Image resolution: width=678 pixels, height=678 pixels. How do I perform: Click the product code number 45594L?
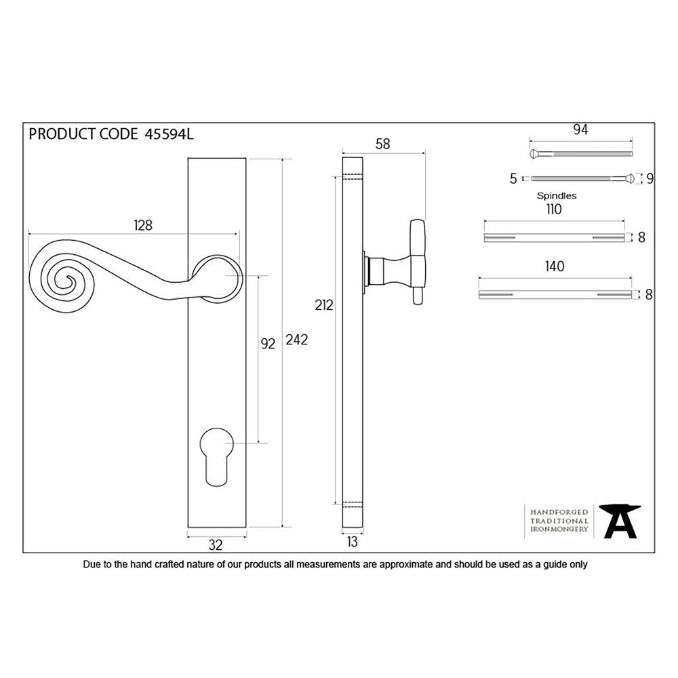pos(169,134)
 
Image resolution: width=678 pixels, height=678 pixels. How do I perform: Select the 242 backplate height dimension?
pos(297,340)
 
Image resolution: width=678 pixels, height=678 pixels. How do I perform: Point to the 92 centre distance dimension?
pos(268,344)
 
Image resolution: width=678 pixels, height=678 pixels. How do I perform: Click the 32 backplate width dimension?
pos(216,544)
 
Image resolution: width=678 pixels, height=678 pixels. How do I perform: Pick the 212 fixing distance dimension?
pos(324,306)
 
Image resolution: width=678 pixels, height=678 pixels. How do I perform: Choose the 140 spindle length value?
pos(555,267)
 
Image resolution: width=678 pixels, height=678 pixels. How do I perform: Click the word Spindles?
pos(557,195)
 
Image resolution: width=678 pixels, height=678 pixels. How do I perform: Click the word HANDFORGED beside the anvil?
pos(559,513)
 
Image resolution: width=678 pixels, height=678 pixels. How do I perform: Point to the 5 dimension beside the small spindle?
pos(513,179)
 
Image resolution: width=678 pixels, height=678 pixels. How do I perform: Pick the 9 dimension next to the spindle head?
pos(650,179)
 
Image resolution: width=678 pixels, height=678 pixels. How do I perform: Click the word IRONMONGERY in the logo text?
pos(559,529)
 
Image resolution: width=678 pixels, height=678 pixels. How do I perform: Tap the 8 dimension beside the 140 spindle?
pos(650,294)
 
